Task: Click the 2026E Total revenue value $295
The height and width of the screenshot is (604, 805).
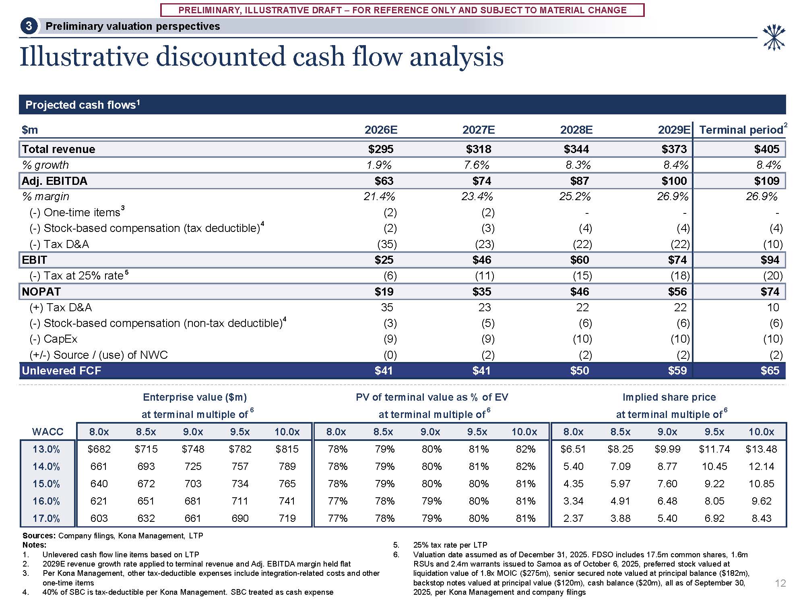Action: coord(380,149)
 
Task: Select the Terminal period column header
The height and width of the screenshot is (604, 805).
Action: coord(741,130)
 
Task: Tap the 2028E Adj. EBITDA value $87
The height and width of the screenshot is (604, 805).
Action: coord(579,181)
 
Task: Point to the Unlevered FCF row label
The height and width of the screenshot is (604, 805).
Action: coord(62,370)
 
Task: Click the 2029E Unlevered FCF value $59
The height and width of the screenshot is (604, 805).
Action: coord(677,370)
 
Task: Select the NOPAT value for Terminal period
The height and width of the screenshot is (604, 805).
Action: coord(770,292)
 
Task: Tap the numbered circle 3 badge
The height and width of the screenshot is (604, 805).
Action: coord(29,26)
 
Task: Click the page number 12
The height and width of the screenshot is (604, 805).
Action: coord(780,583)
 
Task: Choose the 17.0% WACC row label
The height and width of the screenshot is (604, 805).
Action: coord(46,518)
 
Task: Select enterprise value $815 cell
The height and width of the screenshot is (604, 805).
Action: coord(287,449)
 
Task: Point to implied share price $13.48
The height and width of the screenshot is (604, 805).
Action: coord(761,449)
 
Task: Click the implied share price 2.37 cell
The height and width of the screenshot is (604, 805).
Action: coord(573,518)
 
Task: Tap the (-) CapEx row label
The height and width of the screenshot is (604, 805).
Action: coord(54,339)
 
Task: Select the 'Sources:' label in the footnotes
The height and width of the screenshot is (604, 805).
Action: coord(39,536)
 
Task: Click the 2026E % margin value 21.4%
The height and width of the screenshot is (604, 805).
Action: coord(379,197)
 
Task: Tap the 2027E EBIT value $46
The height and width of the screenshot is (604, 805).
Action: coord(481,260)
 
